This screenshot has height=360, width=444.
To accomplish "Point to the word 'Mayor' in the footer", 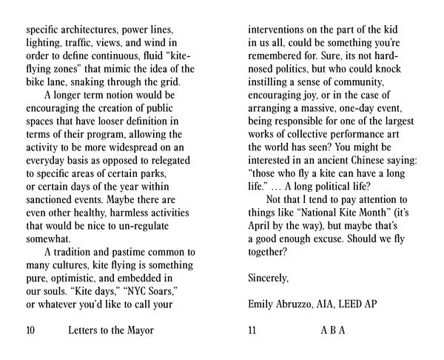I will [x=138, y=331].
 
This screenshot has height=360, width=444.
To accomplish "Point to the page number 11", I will [x=252, y=331].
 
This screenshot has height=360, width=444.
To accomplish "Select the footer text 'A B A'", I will [x=333, y=331].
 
